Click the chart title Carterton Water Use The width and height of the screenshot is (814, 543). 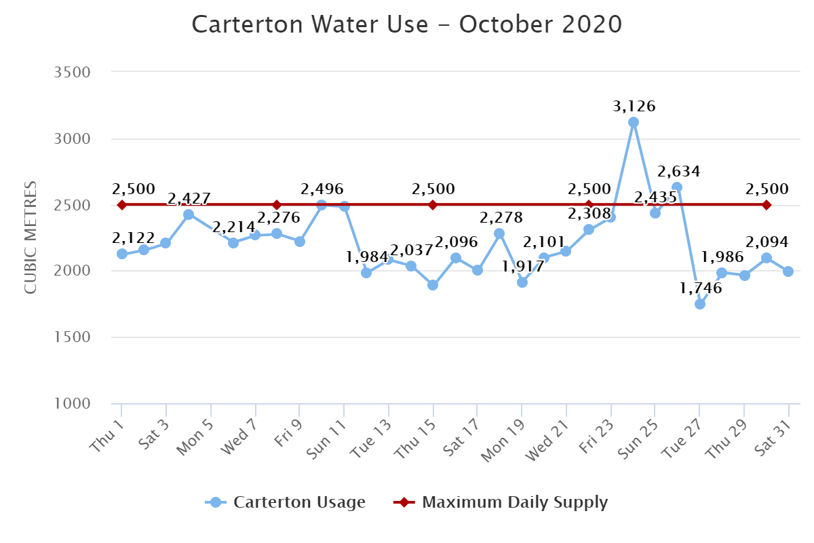coord(407,25)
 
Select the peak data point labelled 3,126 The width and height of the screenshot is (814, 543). coord(633,122)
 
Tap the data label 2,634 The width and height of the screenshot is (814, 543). coord(678,171)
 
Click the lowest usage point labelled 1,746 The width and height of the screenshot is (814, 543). coord(699,303)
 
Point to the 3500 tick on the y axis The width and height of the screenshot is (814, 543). coord(72,72)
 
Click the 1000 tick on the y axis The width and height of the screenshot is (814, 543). coord(72,404)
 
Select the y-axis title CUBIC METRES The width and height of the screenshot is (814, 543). coord(31,238)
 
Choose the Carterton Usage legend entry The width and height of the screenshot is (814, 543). coord(286,502)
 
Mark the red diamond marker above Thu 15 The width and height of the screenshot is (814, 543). coord(432,205)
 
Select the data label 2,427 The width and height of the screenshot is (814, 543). coord(189,199)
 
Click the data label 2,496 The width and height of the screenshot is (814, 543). coord(322,189)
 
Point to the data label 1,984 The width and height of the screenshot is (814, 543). coord(367,258)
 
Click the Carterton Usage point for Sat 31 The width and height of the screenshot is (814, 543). coord(788,271)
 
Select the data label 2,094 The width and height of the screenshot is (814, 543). coord(767,242)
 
